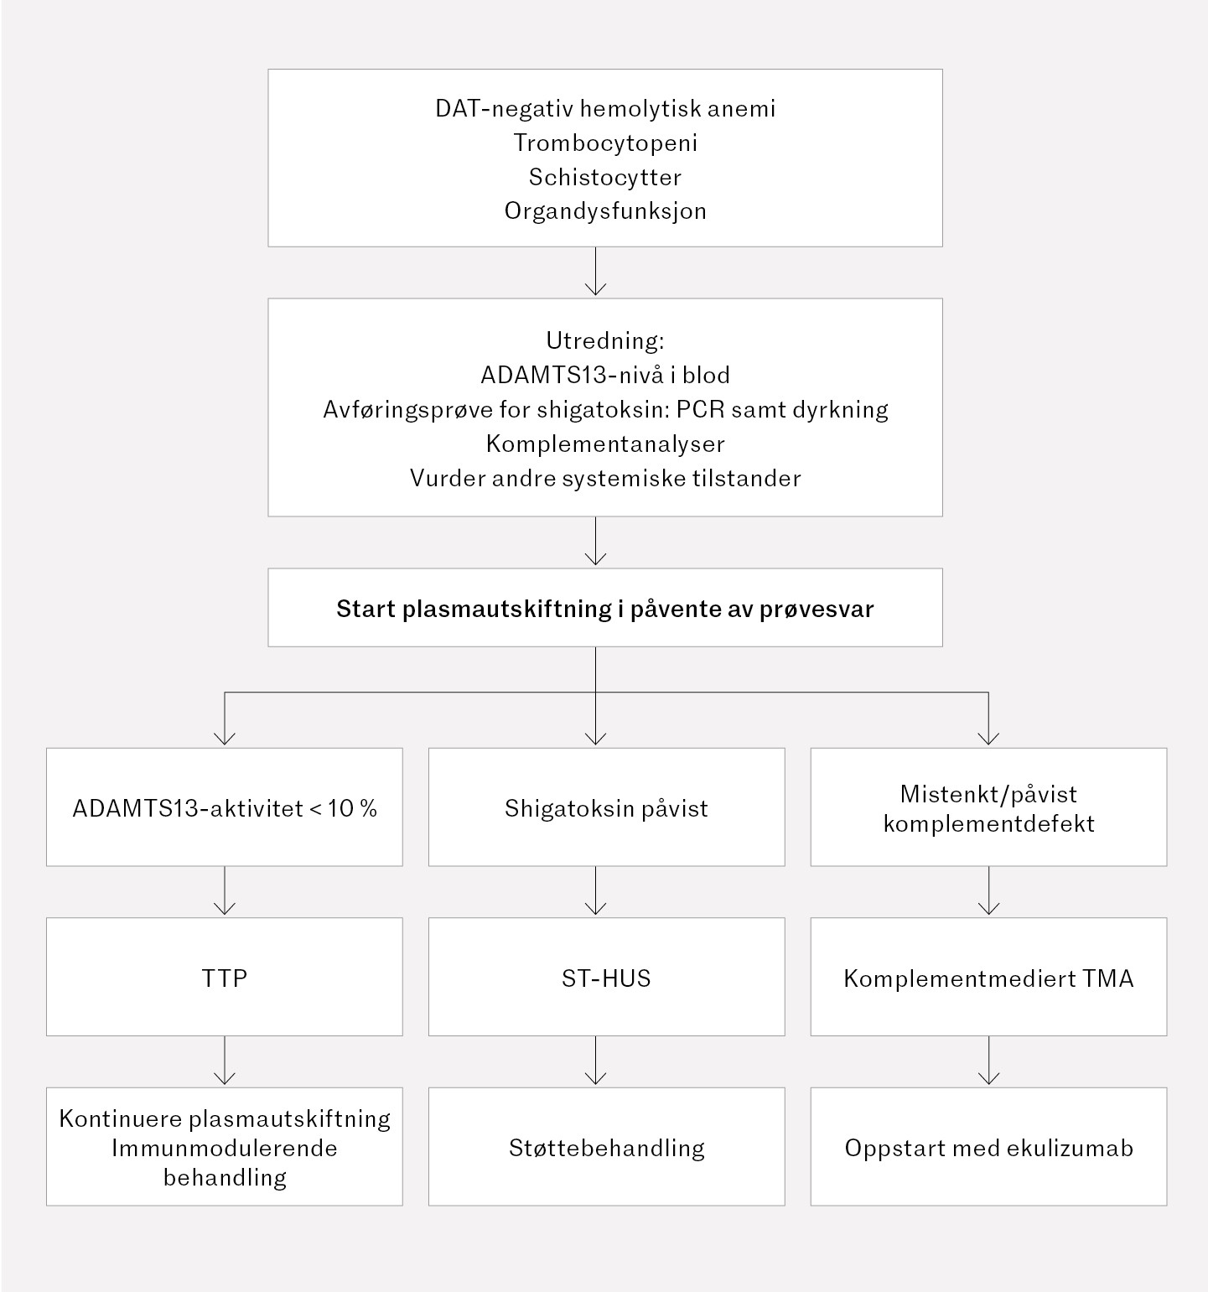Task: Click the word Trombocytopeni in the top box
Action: (605, 143)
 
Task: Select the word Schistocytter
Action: (605, 177)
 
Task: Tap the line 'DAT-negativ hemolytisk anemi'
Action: (605, 108)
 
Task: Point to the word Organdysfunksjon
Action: (605, 210)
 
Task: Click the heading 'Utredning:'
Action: (605, 340)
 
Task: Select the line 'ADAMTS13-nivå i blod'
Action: (605, 375)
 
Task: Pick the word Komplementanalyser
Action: (605, 444)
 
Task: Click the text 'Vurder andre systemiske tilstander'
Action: (605, 478)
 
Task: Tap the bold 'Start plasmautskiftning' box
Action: (605, 608)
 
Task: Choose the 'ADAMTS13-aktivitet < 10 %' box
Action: (225, 807)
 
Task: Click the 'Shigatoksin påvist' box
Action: (606, 807)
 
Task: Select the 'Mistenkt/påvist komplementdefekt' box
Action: (988, 807)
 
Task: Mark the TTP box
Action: (225, 978)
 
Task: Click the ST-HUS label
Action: (606, 978)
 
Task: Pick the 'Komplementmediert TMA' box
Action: (988, 978)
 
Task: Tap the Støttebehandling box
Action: (606, 1147)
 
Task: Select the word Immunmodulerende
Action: (225, 1148)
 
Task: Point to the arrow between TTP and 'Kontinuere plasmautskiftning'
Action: (225, 1061)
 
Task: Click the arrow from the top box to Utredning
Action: (595, 272)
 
